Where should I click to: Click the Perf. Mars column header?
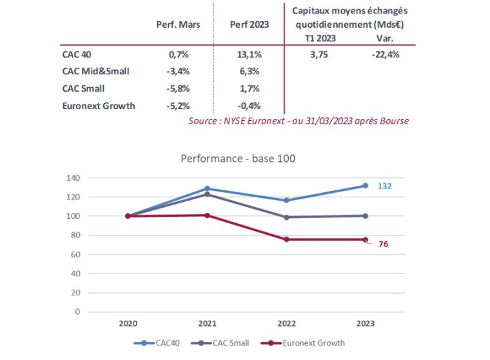click(178, 25)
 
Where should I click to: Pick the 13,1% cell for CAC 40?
click(249, 55)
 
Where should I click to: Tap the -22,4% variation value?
click(385, 55)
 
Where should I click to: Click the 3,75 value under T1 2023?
click(318, 55)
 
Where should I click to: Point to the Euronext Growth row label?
click(99, 105)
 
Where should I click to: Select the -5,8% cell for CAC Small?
click(178, 88)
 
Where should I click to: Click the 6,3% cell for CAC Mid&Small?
click(249, 72)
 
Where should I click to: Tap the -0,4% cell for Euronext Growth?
click(249, 105)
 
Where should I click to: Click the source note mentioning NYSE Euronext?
click(299, 121)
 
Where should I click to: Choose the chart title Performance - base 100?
click(238, 158)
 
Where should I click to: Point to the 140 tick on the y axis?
click(72, 177)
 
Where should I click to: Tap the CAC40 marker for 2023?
click(365, 186)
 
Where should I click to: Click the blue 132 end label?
click(386, 186)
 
